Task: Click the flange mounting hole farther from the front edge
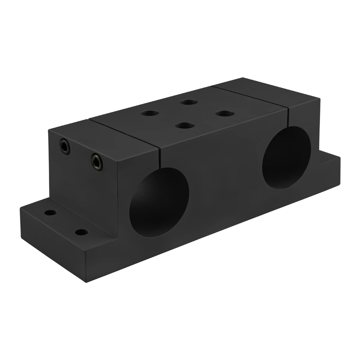[x=50, y=213]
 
